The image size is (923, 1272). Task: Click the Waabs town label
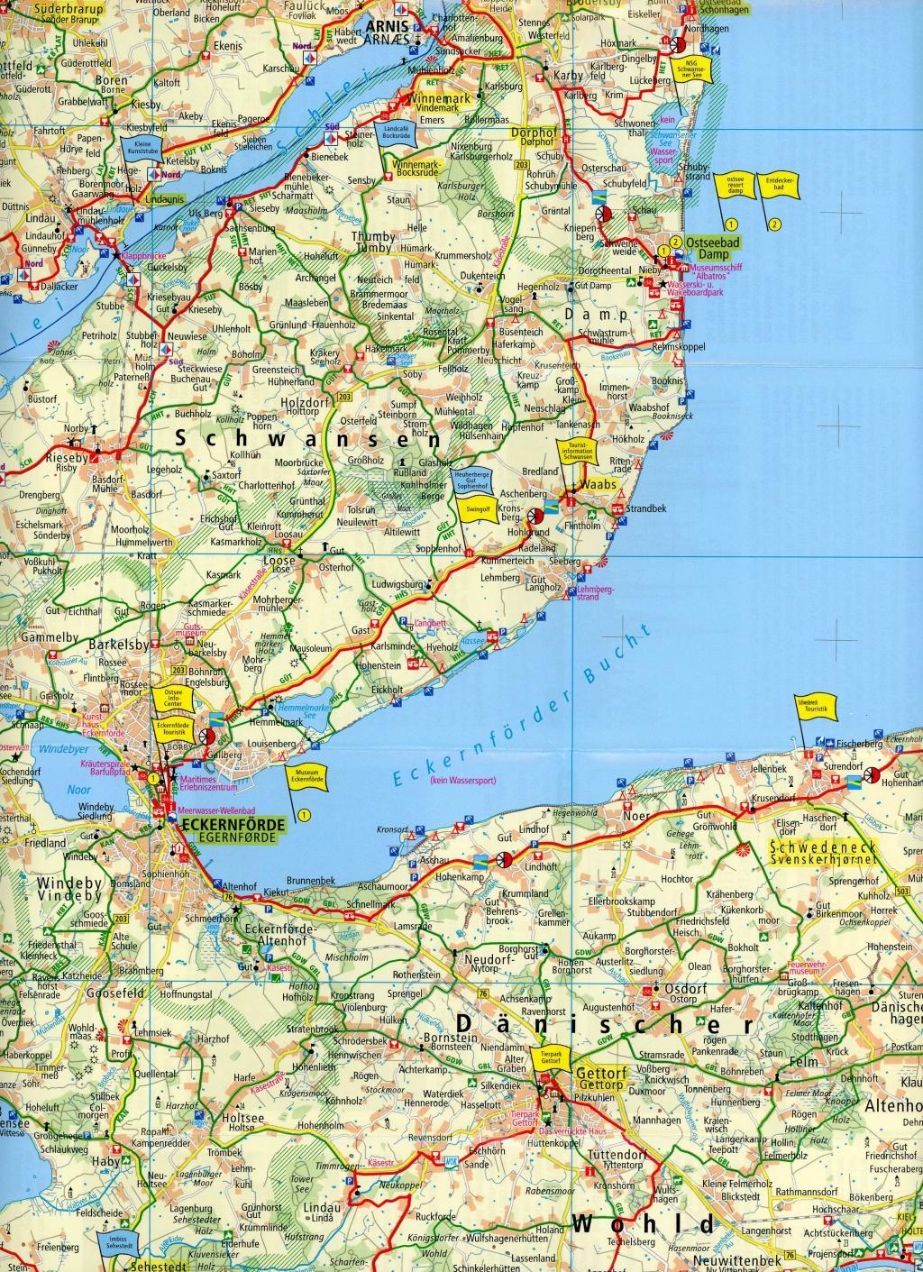click(599, 485)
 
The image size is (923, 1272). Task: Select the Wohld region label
click(644, 1223)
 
